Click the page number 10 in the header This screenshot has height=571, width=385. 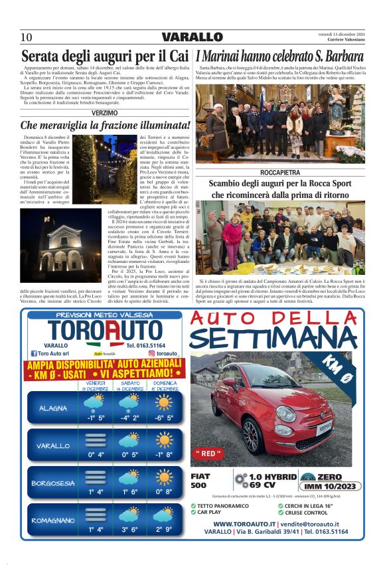27,37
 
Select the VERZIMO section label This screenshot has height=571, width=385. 105,114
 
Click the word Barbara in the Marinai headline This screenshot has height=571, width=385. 339,56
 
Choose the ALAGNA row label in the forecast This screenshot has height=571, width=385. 52,408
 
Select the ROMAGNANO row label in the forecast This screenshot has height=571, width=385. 52,521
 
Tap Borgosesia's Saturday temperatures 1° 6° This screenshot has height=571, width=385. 130,492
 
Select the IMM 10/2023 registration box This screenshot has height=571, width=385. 324,485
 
